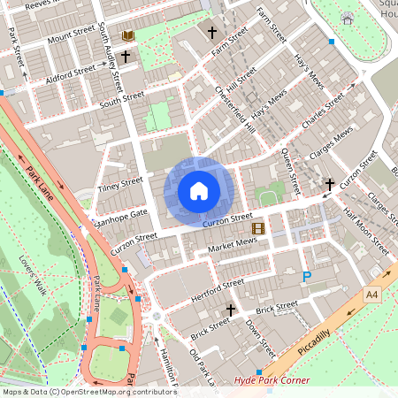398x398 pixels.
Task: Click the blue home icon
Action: coord(199,191)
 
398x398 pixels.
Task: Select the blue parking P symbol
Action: coord(307,278)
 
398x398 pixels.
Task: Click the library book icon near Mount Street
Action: coord(128,35)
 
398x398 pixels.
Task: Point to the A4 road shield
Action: coord(371,294)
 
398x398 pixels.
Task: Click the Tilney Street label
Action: coord(121,185)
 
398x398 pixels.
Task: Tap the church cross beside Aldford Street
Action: coord(126,57)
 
